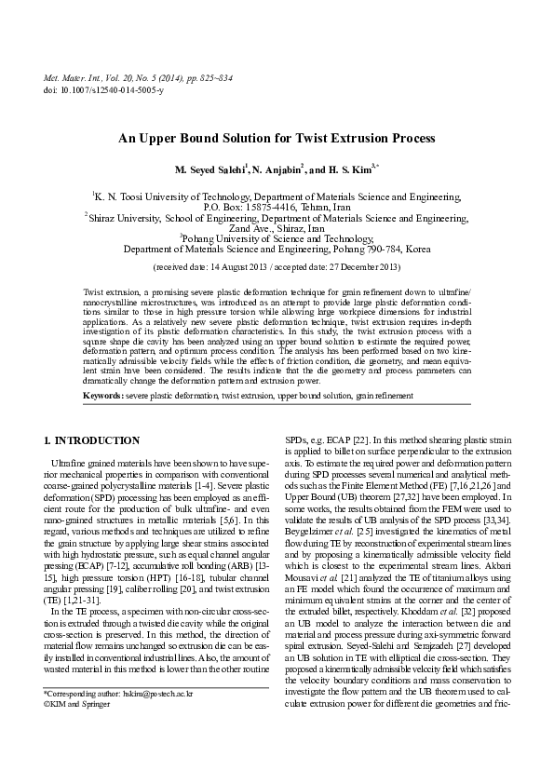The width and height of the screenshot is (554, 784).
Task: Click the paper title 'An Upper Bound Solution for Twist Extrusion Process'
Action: click(277, 138)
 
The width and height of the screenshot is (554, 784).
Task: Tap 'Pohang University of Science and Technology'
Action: click(277, 238)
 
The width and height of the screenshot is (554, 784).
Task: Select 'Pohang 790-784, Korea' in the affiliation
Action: click(378, 249)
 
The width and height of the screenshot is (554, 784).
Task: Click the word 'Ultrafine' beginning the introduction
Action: click(72, 460)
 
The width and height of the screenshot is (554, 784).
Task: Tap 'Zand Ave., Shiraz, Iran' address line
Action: click(277, 228)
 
